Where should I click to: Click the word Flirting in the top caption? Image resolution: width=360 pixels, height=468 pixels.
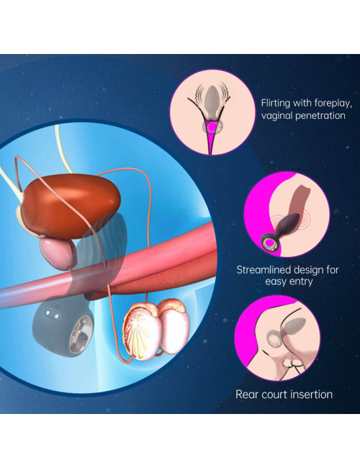point(276,103)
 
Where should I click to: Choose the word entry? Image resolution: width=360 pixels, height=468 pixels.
point(302,282)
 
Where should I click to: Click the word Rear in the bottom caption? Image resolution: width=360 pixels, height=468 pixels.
point(245,395)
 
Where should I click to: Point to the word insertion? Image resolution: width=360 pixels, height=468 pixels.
point(310,395)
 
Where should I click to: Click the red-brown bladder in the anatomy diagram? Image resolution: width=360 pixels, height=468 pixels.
point(71,206)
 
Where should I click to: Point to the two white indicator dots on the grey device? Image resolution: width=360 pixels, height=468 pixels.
point(52,315)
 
